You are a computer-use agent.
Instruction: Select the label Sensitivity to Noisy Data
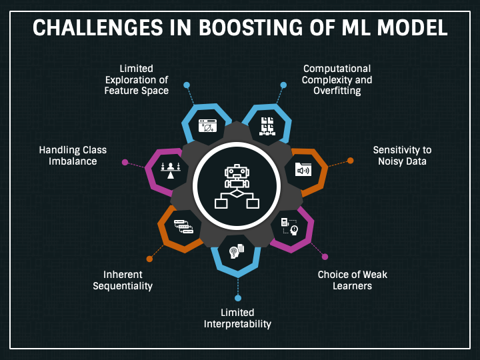pyautogui.click(x=402, y=155)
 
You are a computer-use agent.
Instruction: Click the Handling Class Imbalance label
pyautogui.click(x=73, y=155)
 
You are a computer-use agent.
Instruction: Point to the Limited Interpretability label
pyautogui.click(x=237, y=318)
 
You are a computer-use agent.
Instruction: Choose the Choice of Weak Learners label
pyautogui.click(x=352, y=280)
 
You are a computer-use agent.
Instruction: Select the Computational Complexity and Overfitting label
pyautogui.click(x=337, y=79)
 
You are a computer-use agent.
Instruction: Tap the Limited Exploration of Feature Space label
pyautogui.click(x=136, y=79)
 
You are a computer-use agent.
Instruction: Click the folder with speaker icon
pyautogui.click(x=303, y=169)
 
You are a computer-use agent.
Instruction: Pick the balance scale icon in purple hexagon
pyautogui.click(x=171, y=170)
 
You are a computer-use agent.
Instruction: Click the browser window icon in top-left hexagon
pyautogui.click(x=206, y=125)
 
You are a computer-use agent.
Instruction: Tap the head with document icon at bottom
pyautogui.click(x=237, y=251)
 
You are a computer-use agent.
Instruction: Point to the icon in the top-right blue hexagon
pyautogui.click(x=267, y=125)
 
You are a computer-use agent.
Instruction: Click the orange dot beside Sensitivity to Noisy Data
pyautogui.click(x=350, y=161)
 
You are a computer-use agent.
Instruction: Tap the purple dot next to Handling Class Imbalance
pyautogui.click(x=125, y=161)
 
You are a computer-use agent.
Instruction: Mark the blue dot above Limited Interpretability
pyautogui.click(x=237, y=298)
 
